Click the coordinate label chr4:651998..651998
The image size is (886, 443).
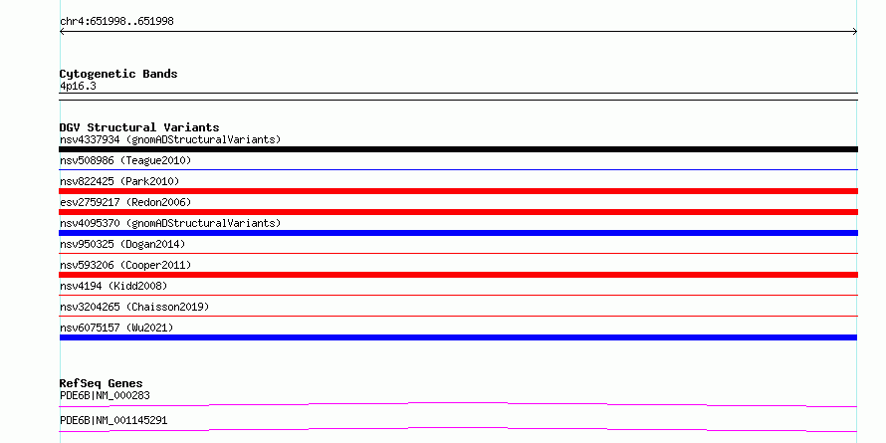pos(116,22)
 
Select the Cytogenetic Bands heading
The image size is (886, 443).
pos(118,74)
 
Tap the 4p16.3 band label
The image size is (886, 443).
pos(78,87)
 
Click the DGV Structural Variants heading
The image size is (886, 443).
pos(139,127)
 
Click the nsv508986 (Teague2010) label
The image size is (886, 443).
pos(125,161)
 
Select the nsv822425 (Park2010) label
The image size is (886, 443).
pos(119,181)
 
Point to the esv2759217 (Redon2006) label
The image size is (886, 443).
pos(125,202)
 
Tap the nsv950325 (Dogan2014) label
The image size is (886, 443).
pos(122,244)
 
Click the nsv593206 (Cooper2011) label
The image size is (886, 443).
pos(125,265)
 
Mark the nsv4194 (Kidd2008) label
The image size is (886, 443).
pos(113,286)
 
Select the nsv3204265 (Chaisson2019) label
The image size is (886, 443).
pos(134,307)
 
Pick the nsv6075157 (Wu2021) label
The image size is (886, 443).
pos(116,328)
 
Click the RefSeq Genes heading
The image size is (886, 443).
pos(101,383)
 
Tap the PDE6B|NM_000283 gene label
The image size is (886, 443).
pos(105,395)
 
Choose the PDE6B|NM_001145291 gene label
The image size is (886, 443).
pos(113,421)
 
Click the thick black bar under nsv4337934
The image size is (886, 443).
pos(458,149)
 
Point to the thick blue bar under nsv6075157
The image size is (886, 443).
pos(458,337)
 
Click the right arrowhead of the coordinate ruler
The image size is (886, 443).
pos(855,32)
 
